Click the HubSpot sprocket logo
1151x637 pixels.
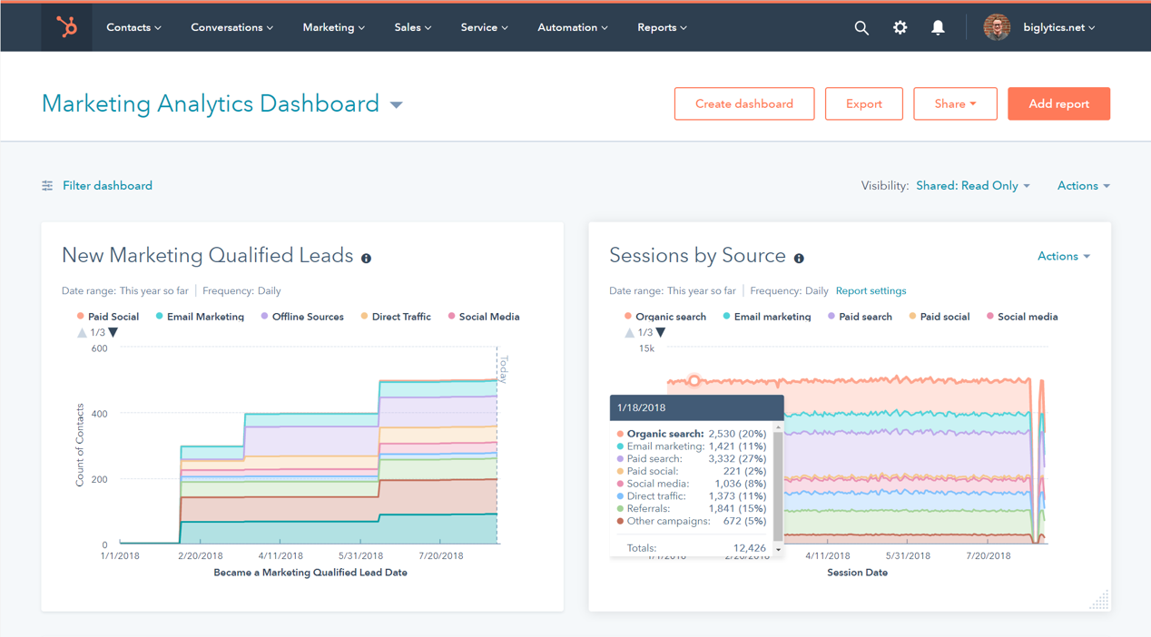[x=67, y=27]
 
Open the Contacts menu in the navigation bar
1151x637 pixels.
[x=133, y=27]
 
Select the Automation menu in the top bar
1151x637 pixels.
[x=572, y=27]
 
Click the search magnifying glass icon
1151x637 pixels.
[x=861, y=28]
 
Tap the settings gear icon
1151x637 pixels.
[x=900, y=28]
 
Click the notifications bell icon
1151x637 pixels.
[x=938, y=28]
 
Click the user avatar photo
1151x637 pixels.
[x=997, y=27]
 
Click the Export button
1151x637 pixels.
[x=863, y=104]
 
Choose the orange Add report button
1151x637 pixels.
[x=1058, y=104]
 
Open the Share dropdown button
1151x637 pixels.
[x=955, y=104]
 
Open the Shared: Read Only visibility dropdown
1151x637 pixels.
[x=972, y=186]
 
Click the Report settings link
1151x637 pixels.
[x=871, y=291]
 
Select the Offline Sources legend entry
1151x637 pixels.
[x=307, y=317]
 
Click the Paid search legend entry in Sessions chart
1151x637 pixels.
[x=864, y=317]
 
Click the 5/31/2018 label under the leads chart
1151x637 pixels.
[x=360, y=556]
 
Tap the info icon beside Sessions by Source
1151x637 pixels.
[x=799, y=259]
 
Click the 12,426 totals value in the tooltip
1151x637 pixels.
[x=749, y=548]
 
